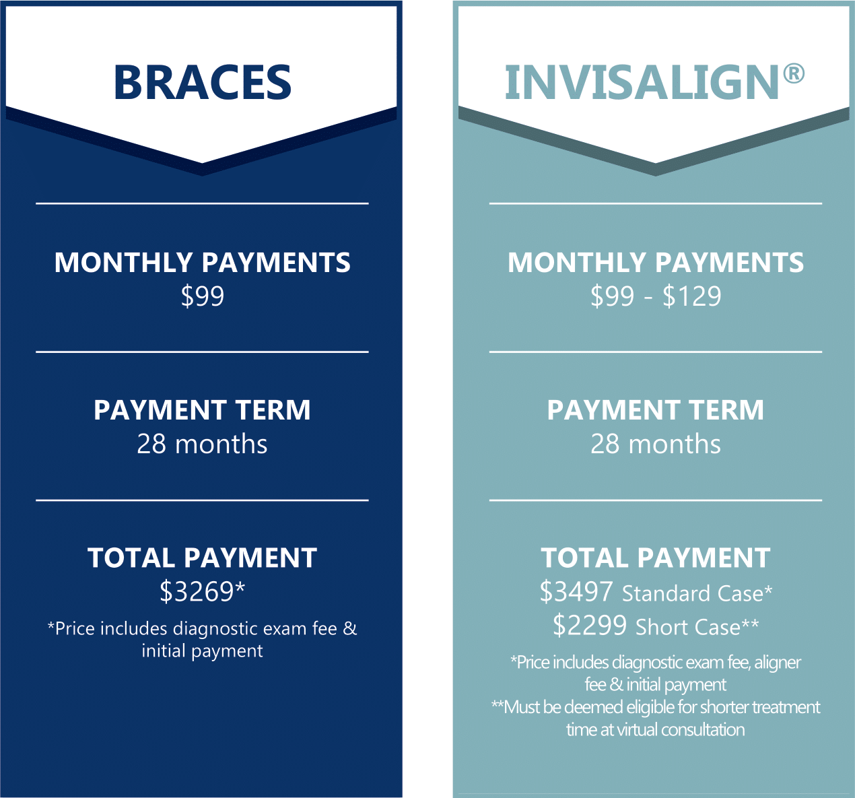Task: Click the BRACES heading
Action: coord(203,82)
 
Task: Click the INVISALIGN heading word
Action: coord(642,82)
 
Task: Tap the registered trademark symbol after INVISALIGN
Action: coord(794,73)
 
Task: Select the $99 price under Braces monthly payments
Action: coord(203,296)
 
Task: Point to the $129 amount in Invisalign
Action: coord(692,296)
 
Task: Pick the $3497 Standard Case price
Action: coord(576,591)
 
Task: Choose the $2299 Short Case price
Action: coord(590,626)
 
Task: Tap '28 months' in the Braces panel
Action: coord(203,444)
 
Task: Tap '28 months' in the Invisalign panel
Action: coord(656,444)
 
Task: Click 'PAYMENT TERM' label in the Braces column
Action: coord(203,409)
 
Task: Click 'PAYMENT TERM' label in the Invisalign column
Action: coord(656,409)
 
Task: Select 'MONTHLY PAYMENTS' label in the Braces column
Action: coord(203,262)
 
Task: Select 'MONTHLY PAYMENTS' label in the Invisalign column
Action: coord(656,262)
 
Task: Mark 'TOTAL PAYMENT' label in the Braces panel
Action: coord(203,558)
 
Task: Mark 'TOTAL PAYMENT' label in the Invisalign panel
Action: coord(656,558)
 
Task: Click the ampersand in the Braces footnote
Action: coord(350,628)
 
